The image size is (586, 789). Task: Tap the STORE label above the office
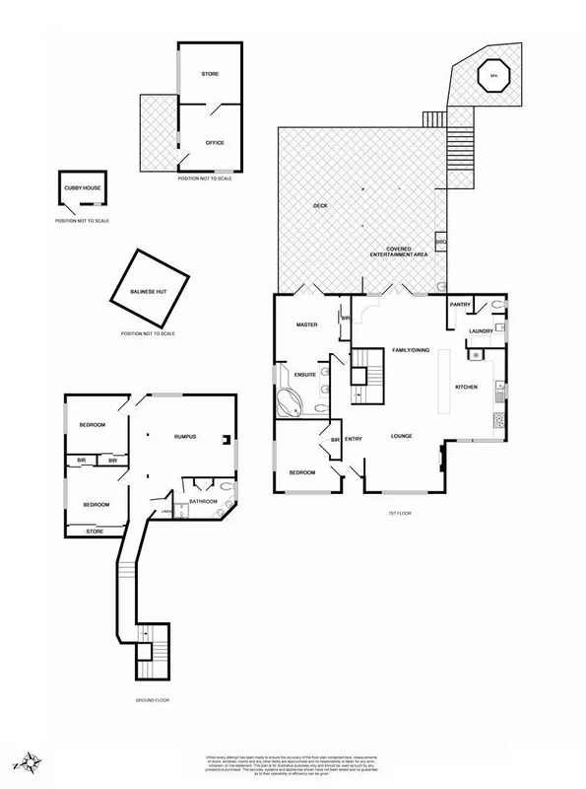(x=210, y=75)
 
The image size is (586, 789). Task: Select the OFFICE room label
(x=215, y=143)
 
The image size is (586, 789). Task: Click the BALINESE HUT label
(x=150, y=292)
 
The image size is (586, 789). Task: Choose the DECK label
(x=320, y=206)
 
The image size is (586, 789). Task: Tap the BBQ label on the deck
(x=441, y=242)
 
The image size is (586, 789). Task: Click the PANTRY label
(x=461, y=306)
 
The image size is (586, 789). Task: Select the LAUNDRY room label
(x=481, y=331)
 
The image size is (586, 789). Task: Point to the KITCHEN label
(x=466, y=387)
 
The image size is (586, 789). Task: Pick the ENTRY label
(x=354, y=440)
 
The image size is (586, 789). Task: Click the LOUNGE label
(x=401, y=436)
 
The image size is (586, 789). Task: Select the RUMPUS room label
(x=187, y=436)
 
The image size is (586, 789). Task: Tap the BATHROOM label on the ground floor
(x=203, y=501)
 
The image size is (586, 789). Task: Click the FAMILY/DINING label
(x=412, y=351)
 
